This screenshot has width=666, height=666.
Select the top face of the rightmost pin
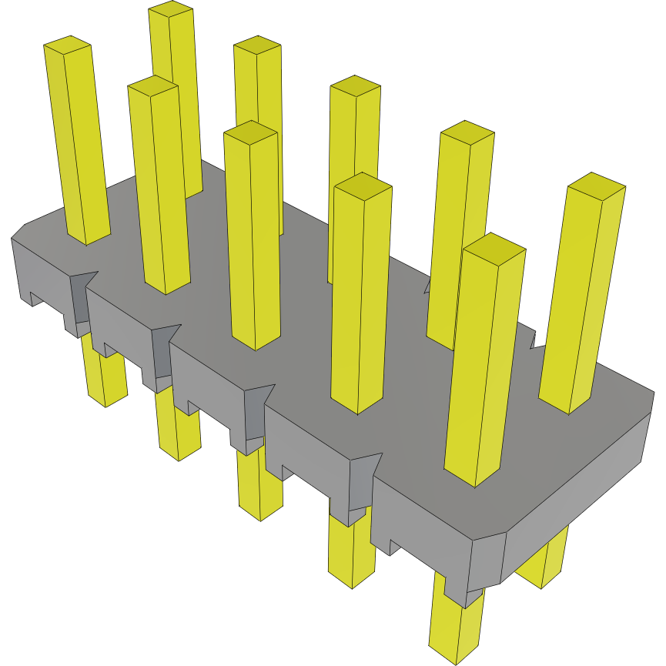pos(596,185)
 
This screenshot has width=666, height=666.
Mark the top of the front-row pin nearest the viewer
pos(494,248)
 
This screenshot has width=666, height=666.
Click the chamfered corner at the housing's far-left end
pos(18,232)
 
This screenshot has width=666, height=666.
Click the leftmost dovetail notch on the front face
pos(82,296)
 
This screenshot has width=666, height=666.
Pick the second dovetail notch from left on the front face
pos(163,350)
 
